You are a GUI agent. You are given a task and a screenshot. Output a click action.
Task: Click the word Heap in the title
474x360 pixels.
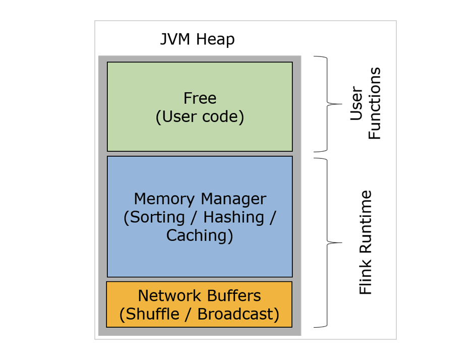pos(216,39)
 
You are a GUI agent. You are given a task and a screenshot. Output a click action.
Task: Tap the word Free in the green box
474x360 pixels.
pos(200,98)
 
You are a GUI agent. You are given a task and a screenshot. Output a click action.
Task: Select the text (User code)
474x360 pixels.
pos(200,117)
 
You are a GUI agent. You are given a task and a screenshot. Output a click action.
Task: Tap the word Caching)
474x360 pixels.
pos(200,236)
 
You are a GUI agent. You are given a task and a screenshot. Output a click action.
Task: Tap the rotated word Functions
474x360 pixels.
pos(375,103)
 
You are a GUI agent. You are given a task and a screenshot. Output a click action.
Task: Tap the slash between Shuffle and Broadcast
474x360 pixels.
pos(188,314)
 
